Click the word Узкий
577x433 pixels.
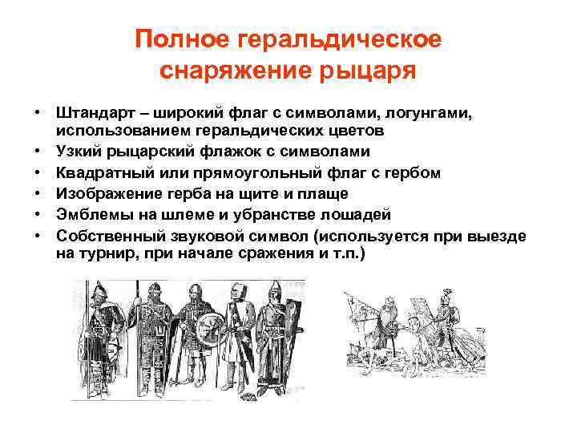click(x=81, y=152)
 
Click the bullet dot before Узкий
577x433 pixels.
click(x=38, y=152)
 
